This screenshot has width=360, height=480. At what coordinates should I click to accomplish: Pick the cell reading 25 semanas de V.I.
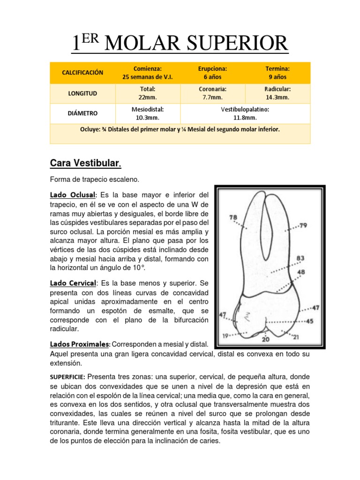[148, 73]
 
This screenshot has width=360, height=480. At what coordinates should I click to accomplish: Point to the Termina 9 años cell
[277, 73]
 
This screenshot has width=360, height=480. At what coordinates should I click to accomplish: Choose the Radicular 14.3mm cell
[277, 93]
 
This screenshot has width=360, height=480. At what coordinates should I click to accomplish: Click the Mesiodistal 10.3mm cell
[148, 113]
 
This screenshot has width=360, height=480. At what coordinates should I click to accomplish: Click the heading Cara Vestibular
[85, 164]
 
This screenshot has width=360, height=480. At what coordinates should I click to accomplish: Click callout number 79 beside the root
[303, 226]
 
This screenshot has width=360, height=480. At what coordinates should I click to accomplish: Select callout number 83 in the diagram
[300, 258]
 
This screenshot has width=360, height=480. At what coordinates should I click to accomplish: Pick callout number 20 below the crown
[266, 339]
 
